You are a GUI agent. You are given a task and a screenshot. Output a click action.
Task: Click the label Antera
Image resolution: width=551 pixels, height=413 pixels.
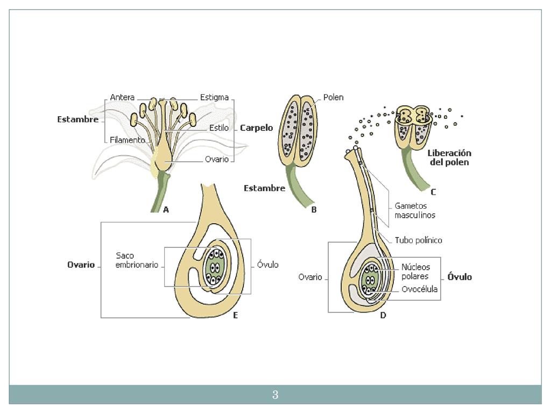122,97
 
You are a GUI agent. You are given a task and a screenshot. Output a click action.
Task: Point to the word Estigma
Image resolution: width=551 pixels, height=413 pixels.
214,97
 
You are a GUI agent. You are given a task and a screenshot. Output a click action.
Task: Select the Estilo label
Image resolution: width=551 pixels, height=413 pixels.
219,128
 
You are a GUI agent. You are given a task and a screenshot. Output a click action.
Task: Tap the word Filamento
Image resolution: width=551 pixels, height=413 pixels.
128,140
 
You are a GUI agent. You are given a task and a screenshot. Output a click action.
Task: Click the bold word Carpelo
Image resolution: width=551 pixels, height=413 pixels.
256,128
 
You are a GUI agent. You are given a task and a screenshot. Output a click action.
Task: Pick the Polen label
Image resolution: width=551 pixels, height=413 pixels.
333,97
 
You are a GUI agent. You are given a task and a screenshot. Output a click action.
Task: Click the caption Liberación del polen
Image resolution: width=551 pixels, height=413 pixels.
449,158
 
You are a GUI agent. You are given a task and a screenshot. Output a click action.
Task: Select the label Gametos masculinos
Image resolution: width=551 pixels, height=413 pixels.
415,210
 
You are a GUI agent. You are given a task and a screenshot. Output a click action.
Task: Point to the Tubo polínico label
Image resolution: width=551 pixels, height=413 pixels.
419,240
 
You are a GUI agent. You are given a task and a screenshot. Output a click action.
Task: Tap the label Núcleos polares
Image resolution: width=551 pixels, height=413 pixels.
415,272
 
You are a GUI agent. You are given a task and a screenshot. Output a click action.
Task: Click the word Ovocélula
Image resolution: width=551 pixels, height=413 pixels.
419,289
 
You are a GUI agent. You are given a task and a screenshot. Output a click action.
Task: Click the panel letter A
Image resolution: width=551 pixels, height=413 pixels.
166,210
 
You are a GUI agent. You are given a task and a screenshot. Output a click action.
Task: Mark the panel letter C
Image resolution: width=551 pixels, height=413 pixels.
433,192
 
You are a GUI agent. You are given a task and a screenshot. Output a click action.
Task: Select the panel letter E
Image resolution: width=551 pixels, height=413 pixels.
235,316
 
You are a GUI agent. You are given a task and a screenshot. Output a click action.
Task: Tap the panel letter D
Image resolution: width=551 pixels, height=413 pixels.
383,316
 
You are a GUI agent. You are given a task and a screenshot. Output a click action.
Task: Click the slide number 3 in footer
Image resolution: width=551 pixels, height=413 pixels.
275,395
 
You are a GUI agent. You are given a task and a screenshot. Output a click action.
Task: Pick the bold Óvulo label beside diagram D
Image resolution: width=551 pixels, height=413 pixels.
460,277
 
